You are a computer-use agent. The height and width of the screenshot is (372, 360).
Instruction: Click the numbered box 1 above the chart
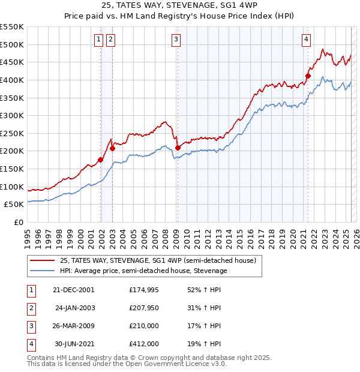pyautogui.click(x=98, y=40)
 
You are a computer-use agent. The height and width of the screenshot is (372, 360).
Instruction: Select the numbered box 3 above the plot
pyautogui.click(x=176, y=40)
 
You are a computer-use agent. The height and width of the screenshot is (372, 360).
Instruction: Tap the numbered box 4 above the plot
pyautogui.click(x=306, y=40)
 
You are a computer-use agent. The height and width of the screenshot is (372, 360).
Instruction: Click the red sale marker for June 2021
pyautogui.click(x=308, y=76)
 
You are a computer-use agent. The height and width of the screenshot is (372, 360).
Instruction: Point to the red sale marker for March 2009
pyautogui.click(x=178, y=148)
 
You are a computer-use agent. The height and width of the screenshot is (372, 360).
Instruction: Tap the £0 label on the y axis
pyautogui.click(x=19, y=222)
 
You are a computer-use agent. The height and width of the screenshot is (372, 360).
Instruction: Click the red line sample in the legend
pyautogui.click(x=42, y=260)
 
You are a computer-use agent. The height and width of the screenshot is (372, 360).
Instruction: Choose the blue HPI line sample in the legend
pyautogui.click(x=42, y=271)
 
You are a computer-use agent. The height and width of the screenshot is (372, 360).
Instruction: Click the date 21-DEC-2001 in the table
pyautogui.click(x=73, y=290)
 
